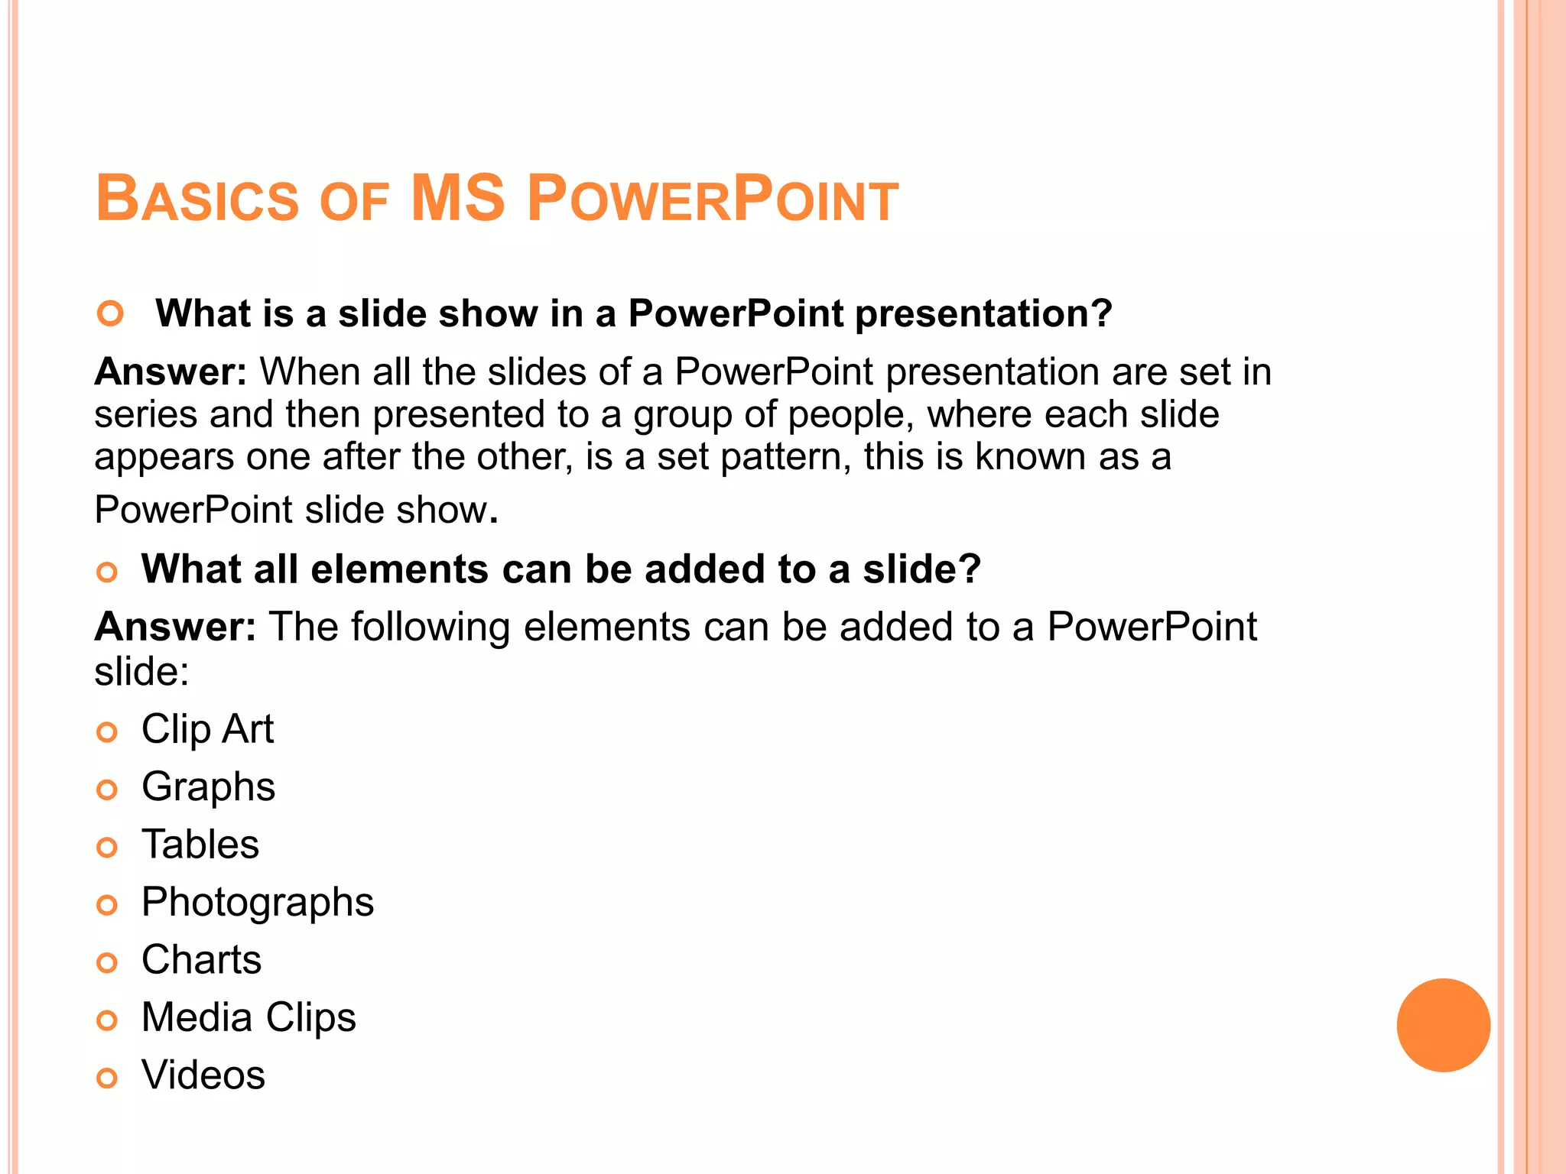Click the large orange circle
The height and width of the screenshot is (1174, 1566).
tap(1443, 1025)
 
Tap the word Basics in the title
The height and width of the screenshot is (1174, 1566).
tap(197, 199)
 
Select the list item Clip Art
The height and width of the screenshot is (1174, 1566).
tap(207, 729)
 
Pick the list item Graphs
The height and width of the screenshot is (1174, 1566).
tap(208, 787)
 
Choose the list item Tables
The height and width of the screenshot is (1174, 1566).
tap(200, 845)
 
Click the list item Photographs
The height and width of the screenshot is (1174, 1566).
tap(258, 903)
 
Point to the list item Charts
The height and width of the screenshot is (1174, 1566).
tap(201, 960)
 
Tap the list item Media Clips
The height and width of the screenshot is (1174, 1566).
tap(249, 1018)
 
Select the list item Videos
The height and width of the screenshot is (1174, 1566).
tap(203, 1075)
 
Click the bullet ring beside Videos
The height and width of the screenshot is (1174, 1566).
tap(107, 1078)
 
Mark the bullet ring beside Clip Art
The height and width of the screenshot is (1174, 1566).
tap(107, 732)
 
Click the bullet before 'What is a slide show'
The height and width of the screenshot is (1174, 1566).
tap(111, 313)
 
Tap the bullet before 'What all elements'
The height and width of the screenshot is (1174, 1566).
tap(107, 572)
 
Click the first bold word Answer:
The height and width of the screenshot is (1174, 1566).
tap(171, 372)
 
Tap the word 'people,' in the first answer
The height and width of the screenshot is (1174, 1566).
tap(851, 415)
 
